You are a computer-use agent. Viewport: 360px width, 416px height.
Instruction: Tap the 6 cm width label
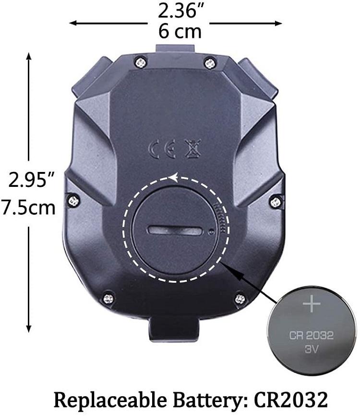click(180, 31)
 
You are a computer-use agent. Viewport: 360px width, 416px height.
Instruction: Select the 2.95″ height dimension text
click(32, 179)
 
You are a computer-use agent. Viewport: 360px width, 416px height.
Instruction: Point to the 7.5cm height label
click(28, 208)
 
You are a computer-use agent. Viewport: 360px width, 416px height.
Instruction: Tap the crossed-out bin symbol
click(193, 148)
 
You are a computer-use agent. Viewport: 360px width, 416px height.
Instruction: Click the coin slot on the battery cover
click(175, 230)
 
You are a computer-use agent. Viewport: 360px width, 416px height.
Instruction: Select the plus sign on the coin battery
click(312, 303)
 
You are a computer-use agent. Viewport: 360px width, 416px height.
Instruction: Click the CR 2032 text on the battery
click(311, 335)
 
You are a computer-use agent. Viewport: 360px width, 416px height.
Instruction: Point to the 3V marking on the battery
click(311, 349)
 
